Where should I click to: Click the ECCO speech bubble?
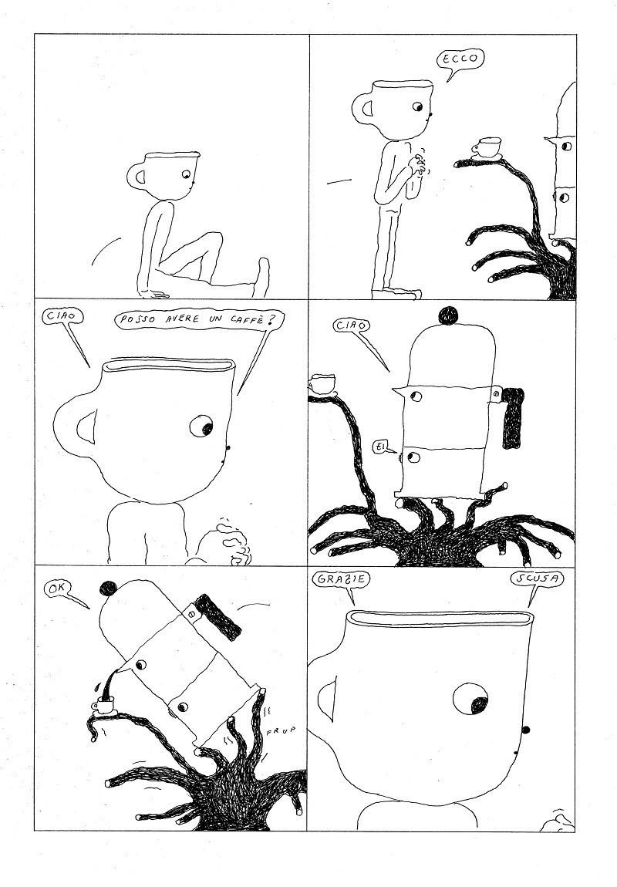click(460, 59)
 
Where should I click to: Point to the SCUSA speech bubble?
click(537, 579)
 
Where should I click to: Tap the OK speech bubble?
click(59, 590)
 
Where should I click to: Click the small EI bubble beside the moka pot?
click(380, 447)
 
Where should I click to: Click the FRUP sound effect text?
click(281, 731)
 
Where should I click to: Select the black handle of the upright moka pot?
click(512, 417)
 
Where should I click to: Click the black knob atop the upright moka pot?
click(448, 315)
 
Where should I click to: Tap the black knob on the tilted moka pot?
click(108, 589)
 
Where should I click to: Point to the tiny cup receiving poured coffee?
click(103, 705)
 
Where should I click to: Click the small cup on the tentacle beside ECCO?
click(487, 147)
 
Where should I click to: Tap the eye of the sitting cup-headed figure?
click(186, 174)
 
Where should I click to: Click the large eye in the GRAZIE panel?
click(470, 698)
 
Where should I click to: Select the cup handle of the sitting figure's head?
click(137, 176)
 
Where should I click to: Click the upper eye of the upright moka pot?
click(416, 396)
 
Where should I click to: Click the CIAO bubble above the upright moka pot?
click(352, 325)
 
